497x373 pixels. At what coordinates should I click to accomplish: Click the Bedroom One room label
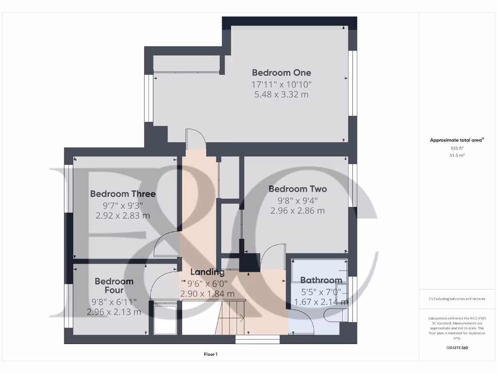(x=282, y=73)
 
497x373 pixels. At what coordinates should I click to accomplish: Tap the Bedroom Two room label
(x=298, y=189)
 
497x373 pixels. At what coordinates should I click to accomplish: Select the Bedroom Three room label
(x=123, y=194)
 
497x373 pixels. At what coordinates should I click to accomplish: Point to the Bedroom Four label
(x=114, y=286)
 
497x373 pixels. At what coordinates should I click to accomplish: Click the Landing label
(x=207, y=272)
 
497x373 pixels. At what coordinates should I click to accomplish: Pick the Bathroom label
(x=321, y=280)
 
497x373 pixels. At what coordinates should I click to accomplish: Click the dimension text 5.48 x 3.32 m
(x=282, y=95)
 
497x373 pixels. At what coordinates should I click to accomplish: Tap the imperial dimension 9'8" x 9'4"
(x=298, y=200)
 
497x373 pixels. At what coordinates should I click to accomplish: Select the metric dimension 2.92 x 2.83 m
(x=123, y=216)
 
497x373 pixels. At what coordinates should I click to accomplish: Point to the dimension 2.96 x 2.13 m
(x=114, y=312)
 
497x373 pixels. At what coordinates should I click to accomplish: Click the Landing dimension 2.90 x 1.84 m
(x=207, y=294)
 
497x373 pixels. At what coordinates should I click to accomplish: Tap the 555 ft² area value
(x=457, y=148)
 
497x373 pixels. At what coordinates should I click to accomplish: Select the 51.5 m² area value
(x=457, y=155)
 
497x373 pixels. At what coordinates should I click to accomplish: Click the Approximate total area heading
(x=457, y=140)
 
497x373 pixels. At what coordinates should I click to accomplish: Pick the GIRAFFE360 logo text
(x=457, y=348)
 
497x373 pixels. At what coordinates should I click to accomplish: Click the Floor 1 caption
(x=210, y=355)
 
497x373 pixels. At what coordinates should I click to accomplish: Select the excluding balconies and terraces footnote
(x=457, y=299)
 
